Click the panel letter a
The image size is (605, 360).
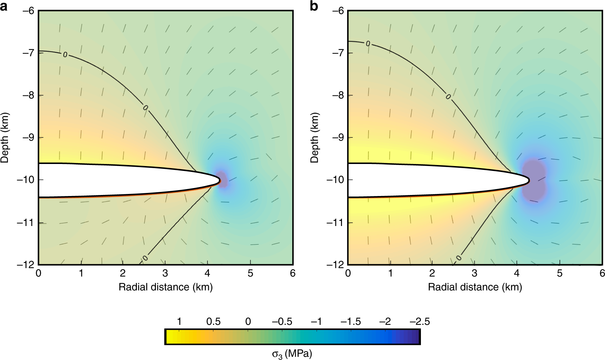coord(4,6)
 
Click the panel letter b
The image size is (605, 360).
coord(314,6)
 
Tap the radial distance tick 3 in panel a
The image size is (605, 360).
coord(165,274)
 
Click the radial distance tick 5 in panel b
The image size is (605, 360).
coord(559,274)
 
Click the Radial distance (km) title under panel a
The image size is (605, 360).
coord(165,287)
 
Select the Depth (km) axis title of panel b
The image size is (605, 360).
coord(314,137)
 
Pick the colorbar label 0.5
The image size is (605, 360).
coord(213,322)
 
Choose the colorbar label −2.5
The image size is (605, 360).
coord(420,322)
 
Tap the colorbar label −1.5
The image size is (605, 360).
coord(351,322)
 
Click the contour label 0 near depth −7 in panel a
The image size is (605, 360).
coord(65,54)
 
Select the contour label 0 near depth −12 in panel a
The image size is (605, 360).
coord(145,258)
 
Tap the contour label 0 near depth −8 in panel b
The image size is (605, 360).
coord(448,97)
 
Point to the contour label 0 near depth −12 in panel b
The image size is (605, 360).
coord(458,258)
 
